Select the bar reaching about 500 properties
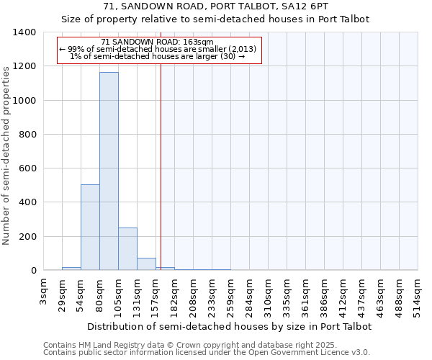[x=90, y=228]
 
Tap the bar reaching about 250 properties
[x=127, y=249]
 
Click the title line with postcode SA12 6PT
[x=216, y=6]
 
